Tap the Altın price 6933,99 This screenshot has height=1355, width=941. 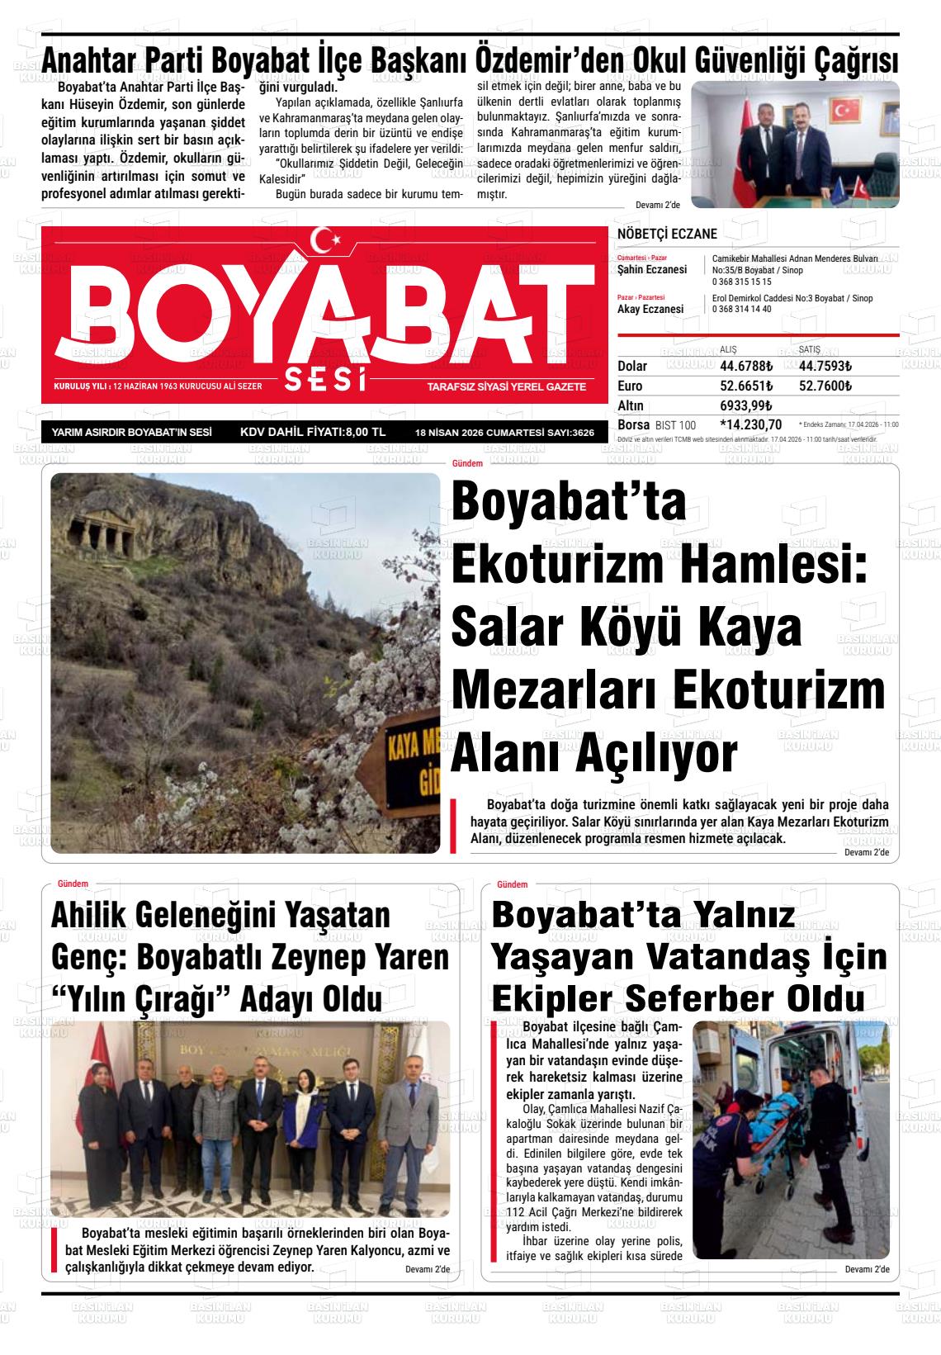pos(745,405)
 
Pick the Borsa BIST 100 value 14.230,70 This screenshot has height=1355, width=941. pos(751,424)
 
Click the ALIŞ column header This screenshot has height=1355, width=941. pos(729,349)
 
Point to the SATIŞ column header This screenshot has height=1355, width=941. pos(810,349)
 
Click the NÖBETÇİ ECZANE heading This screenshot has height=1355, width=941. pos(667,235)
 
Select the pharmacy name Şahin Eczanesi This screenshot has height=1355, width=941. pos(652,270)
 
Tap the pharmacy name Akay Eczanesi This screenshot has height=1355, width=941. pos(650,309)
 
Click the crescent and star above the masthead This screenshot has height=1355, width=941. pos(330,240)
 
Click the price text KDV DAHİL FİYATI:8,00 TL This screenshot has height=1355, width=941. pos(312,432)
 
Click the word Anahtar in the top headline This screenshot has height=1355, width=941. pos(92,60)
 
